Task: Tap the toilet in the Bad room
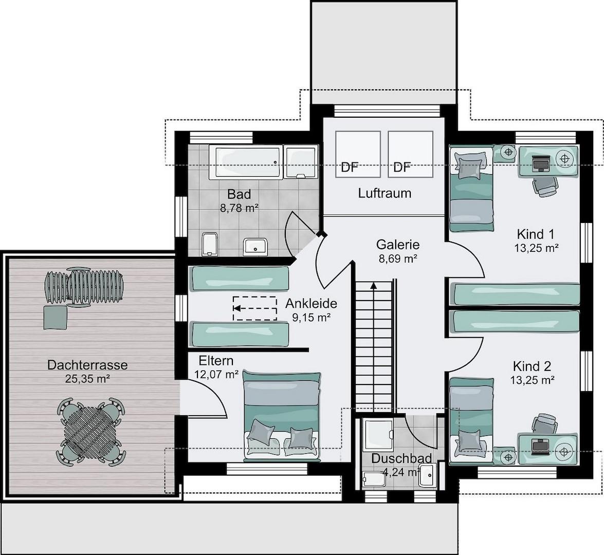point(209,244)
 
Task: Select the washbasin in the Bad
point(255,247)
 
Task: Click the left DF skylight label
point(350,168)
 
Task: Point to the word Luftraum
point(385,193)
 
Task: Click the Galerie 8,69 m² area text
point(398,258)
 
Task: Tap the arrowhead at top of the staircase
point(373,285)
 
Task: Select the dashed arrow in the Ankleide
point(255,308)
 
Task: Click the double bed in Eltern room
point(282,416)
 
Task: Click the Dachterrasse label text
point(87,365)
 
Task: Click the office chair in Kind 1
point(545,187)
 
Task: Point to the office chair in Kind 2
point(545,424)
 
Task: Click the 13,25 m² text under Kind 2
point(533,380)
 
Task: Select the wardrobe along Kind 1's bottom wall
point(517,294)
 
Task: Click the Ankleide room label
point(311,304)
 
